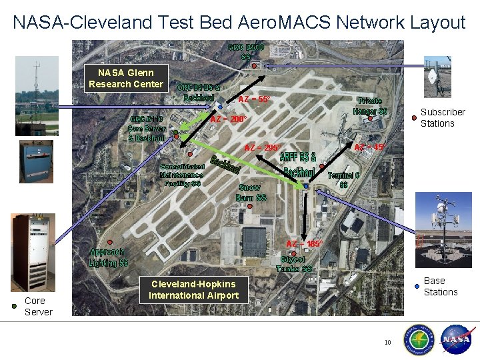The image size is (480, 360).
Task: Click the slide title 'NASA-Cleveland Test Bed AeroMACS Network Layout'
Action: [239, 23]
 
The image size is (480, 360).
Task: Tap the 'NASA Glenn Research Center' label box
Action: [126, 78]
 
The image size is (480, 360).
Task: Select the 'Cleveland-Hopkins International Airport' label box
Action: [193, 290]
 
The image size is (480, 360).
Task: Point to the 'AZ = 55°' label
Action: [254, 99]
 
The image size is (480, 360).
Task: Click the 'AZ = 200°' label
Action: [229, 119]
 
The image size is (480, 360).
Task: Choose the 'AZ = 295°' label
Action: [263, 147]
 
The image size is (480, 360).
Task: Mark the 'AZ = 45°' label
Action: [369, 147]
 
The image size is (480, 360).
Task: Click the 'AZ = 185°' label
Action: [305, 244]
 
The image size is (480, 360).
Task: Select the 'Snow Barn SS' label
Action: [251, 193]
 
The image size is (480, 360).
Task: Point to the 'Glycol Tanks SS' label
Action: [294, 264]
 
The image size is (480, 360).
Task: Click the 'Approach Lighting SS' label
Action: [108, 257]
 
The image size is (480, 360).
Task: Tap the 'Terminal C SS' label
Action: [343, 179]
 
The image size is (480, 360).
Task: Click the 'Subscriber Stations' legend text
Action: [442, 117]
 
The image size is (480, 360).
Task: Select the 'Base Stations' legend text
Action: [441, 286]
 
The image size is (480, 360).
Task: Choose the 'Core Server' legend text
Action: [38, 306]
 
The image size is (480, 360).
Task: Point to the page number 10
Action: [387, 343]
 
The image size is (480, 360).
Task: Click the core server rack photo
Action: [32, 251]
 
